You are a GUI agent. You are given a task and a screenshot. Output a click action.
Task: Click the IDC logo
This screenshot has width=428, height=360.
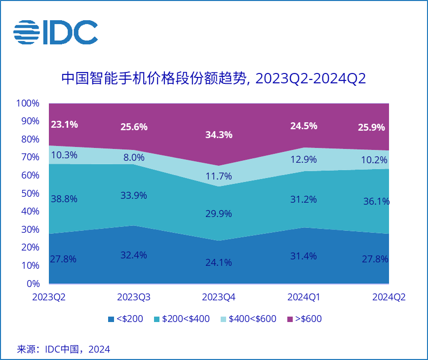(55, 33)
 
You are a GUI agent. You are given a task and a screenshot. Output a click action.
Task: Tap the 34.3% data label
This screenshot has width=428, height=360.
(219, 135)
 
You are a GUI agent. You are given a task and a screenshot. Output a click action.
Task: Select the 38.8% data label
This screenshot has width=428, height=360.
(64, 199)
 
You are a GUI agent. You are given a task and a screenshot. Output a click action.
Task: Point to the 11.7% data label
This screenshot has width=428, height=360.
(219, 176)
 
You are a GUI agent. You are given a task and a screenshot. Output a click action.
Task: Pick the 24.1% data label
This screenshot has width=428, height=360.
(219, 262)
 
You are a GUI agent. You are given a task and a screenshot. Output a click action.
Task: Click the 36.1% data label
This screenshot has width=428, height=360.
(376, 201)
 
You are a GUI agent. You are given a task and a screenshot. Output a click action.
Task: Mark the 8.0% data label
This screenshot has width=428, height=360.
(134, 158)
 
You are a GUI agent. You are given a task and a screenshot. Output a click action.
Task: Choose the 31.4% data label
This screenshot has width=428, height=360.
(304, 255)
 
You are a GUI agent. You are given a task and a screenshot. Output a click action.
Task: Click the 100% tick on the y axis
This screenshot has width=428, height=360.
(28, 104)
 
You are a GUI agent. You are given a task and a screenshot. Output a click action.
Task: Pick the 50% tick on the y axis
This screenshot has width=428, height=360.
(30, 193)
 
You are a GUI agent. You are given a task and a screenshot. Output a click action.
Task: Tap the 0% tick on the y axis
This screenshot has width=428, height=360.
(33, 284)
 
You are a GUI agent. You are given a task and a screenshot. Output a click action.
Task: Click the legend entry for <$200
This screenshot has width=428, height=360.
(125, 319)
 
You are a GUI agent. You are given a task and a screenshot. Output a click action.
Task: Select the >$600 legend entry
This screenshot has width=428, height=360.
(304, 319)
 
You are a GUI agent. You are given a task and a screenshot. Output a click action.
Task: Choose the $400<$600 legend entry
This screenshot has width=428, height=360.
(247, 319)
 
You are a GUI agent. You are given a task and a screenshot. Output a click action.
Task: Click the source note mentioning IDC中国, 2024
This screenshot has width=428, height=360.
(64, 349)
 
